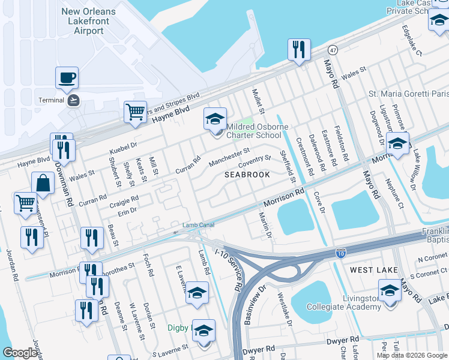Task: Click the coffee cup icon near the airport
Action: (67, 78)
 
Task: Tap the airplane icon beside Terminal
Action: (74, 100)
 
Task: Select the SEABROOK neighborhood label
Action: (246, 175)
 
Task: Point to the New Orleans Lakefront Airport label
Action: (89, 21)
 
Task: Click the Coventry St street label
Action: (255, 162)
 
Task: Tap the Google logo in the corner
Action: (20, 353)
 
